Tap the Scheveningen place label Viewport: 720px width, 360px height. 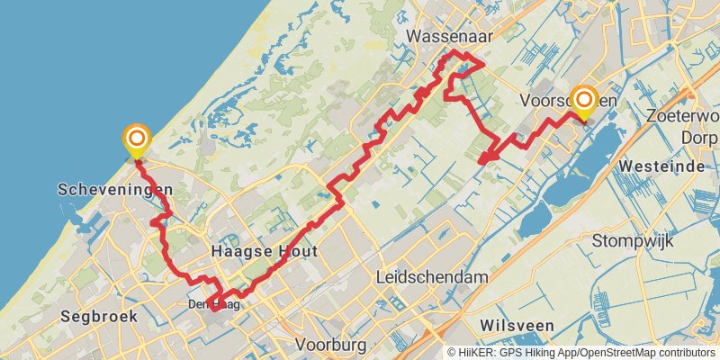tap(114, 190)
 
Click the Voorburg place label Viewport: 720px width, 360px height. tap(330, 345)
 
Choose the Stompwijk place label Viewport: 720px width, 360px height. tap(635, 240)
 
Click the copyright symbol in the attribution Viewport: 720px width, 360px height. tap(453, 353)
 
